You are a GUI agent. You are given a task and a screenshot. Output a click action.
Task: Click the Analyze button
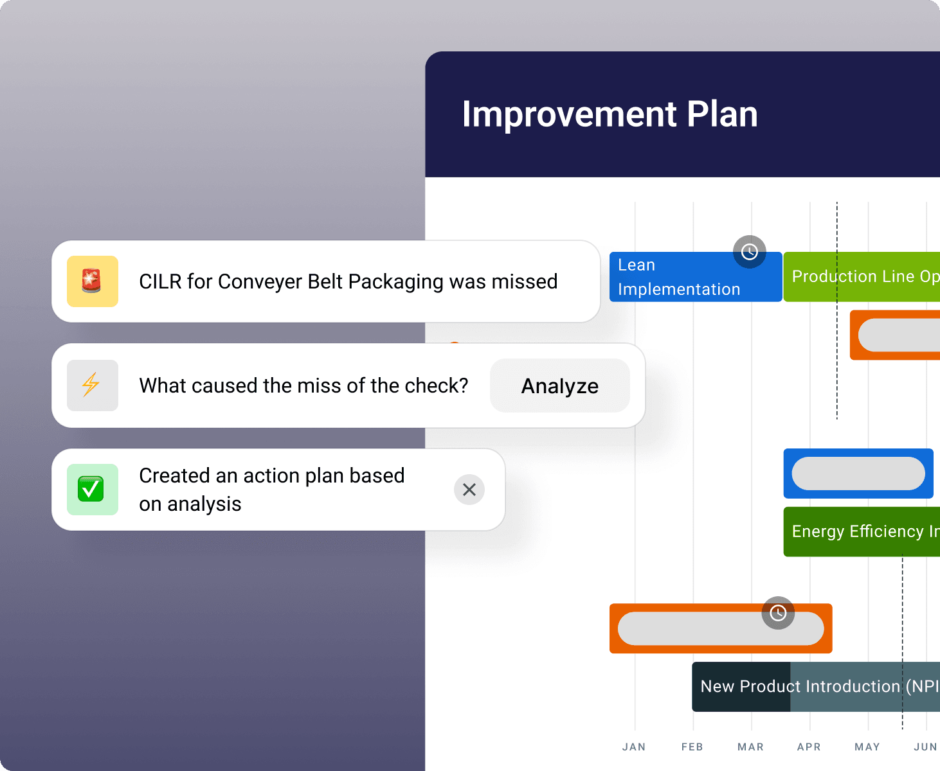[559, 385]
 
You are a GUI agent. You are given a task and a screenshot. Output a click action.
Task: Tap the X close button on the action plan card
[469, 490]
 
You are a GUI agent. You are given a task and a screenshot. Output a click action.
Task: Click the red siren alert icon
[92, 281]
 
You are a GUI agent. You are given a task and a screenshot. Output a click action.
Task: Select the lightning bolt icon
[92, 385]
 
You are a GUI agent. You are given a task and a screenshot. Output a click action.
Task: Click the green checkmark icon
[92, 490]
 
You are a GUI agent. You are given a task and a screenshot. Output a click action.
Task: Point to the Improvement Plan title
[610, 114]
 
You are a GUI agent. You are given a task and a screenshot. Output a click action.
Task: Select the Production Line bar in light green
[862, 276]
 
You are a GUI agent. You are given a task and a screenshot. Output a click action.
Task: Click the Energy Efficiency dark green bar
[862, 531]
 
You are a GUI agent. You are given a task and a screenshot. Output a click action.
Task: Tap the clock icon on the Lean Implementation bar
[750, 252]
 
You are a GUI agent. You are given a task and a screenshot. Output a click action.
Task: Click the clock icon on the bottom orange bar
[778, 613]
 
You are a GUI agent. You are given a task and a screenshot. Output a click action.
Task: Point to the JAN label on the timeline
[634, 747]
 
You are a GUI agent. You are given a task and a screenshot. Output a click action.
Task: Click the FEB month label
[692, 747]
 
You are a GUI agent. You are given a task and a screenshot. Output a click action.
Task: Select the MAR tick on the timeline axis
[750, 747]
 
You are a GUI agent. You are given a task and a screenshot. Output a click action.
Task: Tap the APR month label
[809, 747]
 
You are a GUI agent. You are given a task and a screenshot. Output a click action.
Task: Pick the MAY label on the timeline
[867, 747]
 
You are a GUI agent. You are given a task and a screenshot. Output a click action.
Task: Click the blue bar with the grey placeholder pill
[858, 474]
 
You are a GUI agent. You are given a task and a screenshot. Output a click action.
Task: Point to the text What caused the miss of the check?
[303, 385]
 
